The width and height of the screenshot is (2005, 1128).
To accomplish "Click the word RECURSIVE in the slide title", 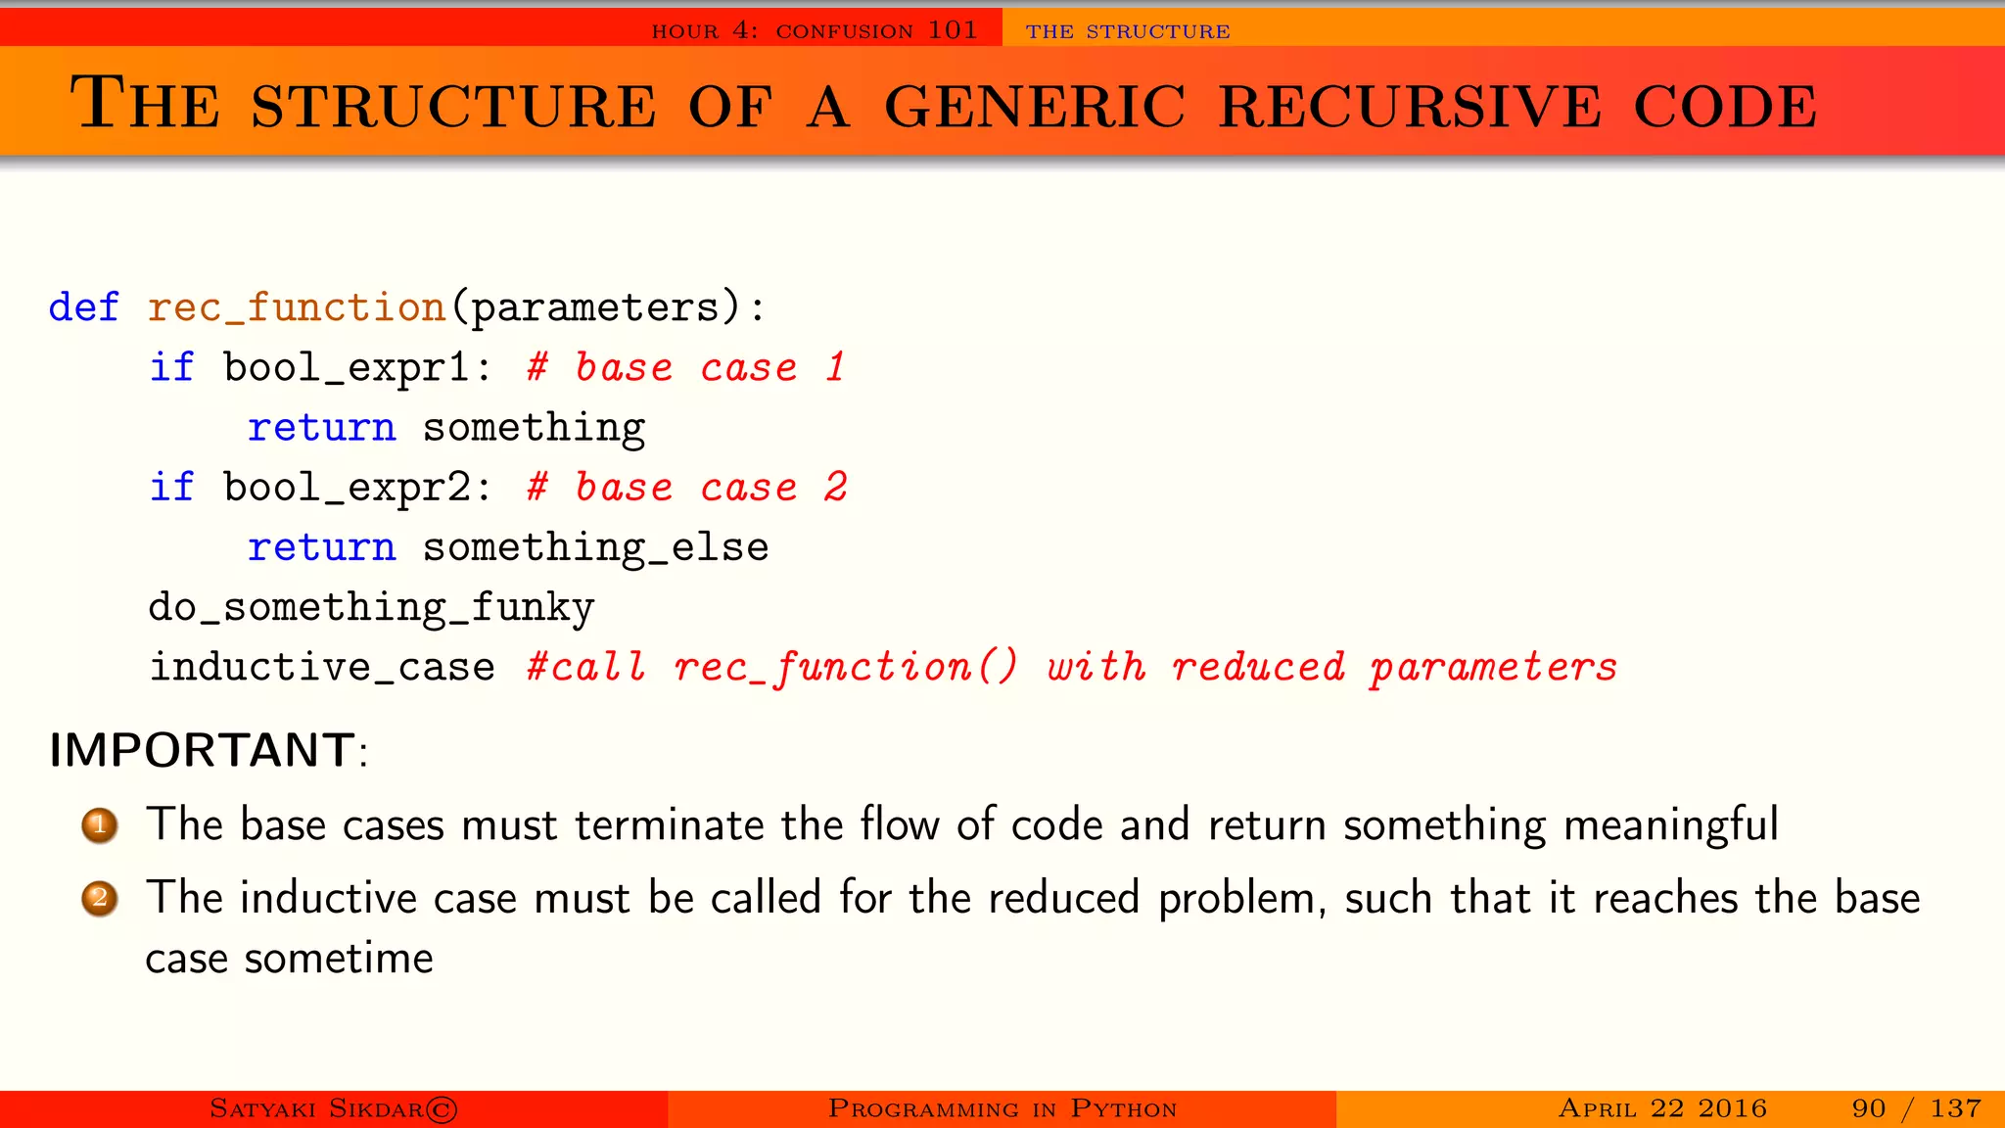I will tap(1410, 106).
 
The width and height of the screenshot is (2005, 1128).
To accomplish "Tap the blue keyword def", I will tap(84, 307).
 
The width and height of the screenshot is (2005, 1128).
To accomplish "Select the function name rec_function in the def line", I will tap(297, 307).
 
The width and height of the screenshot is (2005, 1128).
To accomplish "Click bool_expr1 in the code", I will tap(347, 368).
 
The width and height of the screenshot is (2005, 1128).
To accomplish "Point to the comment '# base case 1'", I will tap(685, 368).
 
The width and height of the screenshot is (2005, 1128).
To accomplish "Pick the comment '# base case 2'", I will tap(686, 488).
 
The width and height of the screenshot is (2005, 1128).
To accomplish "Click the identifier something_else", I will tap(595, 547).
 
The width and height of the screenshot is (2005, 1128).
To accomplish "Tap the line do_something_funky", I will tap(371, 608).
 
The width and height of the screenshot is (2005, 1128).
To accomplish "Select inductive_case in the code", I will tap(322, 668).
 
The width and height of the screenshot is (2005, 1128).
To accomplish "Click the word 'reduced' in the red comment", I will tap(1258, 668).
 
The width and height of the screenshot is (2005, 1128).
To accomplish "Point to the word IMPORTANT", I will tap(202, 751).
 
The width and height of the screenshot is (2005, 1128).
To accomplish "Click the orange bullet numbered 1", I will tap(100, 825).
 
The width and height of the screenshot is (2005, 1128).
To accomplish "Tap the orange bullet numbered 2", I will tap(100, 898).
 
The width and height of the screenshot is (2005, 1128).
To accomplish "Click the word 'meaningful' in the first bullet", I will tap(1670, 824).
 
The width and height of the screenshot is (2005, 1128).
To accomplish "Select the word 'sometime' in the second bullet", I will tap(339, 959).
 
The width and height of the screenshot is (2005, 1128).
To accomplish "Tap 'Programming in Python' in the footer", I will tap(1002, 1108).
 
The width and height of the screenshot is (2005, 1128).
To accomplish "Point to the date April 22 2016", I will tap(1662, 1108).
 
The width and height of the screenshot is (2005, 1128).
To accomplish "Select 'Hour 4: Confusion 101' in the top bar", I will tap(815, 30).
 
